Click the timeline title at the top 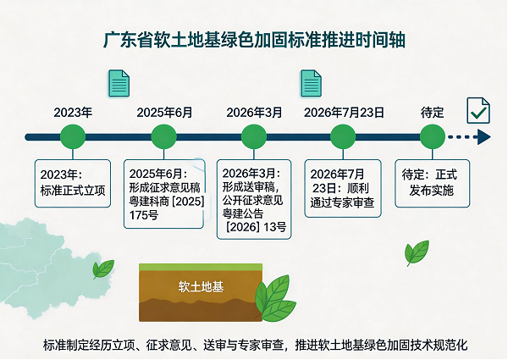pyautogui.click(x=254, y=40)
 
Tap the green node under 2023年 pyautogui.click(x=73, y=136)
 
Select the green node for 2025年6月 pyautogui.click(x=164, y=136)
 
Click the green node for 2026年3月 pyautogui.click(x=254, y=136)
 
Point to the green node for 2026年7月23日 pyautogui.click(x=343, y=136)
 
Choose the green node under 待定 pyautogui.click(x=433, y=136)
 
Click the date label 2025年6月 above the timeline pyautogui.click(x=164, y=113)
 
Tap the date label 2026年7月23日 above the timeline pyautogui.click(x=344, y=113)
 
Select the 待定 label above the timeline pyautogui.click(x=432, y=113)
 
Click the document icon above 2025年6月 pyautogui.click(x=119, y=83)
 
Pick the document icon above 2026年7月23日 pyautogui.click(x=311, y=83)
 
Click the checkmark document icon pyautogui.click(x=478, y=110)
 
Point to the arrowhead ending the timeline pyautogui.click(x=484, y=137)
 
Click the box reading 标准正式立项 pyautogui.click(x=73, y=184)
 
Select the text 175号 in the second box pyautogui.click(x=144, y=215)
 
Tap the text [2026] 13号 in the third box pyautogui.click(x=256, y=227)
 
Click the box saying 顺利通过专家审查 pyautogui.click(x=343, y=188)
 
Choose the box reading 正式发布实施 pyautogui.click(x=433, y=184)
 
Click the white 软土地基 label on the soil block pyautogui.click(x=201, y=287)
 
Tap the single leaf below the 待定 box pyautogui.click(x=417, y=252)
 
